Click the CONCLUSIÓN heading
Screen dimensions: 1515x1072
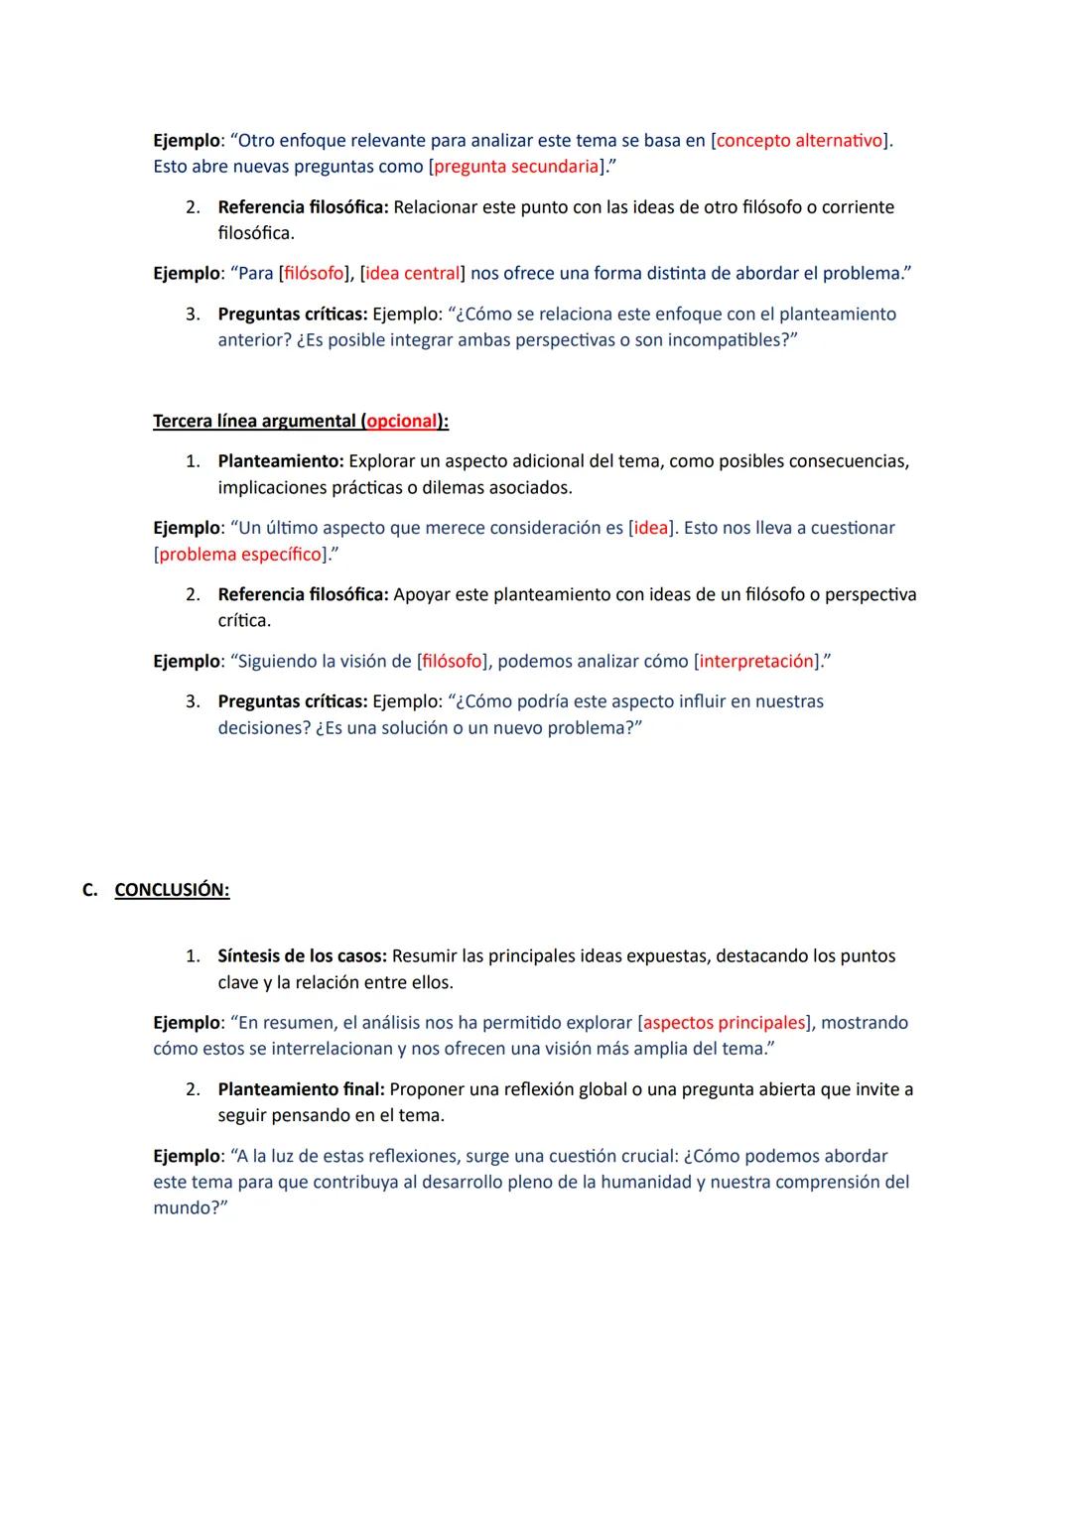pyautogui.click(x=172, y=890)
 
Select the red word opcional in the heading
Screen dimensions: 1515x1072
pyautogui.click(x=402, y=421)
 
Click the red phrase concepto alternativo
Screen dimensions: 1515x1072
pyautogui.click(x=799, y=140)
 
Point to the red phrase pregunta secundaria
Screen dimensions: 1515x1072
pyautogui.click(x=516, y=166)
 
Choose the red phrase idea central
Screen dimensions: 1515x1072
pyautogui.click(x=413, y=273)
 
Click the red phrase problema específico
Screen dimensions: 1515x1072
pyautogui.click(x=240, y=554)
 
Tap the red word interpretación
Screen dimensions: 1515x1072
pyautogui.click(x=756, y=661)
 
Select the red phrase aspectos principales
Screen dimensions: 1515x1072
pyautogui.click(x=725, y=1022)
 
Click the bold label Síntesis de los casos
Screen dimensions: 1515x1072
pyautogui.click(x=302, y=956)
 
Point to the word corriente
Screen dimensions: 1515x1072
pyautogui.click(x=858, y=207)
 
